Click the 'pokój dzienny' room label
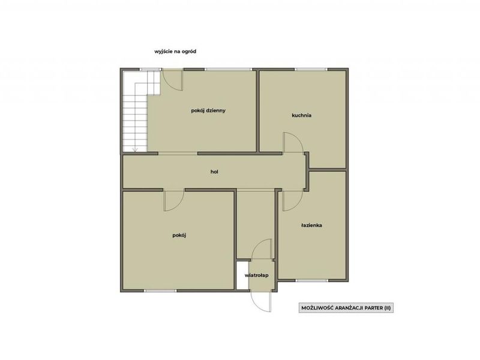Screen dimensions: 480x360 pyautogui.click(x=208, y=110)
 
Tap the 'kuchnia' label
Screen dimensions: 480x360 pyautogui.click(x=302, y=115)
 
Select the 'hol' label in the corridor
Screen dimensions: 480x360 pyautogui.click(x=214, y=172)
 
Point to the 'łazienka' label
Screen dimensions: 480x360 pyautogui.click(x=311, y=226)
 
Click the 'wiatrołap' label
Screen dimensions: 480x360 pyautogui.click(x=257, y=275)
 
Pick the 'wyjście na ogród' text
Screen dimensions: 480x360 pyautogui.click(x=175, y=52)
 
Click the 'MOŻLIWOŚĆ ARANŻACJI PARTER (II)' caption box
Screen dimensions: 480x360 pyautogui.click(x=346, y=308)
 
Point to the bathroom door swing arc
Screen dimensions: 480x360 pyautogui.click(x=296, y=205)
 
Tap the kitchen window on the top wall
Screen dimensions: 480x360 pyautogui.click(x=311, y=70)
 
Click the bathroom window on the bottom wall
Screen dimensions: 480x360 pyautogui.click(x=311, y=280)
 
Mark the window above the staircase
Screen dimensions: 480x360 pyautogui.click(x=151, y=70)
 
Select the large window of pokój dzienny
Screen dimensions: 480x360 pyautogui.click(x=229, y=70)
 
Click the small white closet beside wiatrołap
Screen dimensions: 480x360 pyautogui.click(x=242, y=275)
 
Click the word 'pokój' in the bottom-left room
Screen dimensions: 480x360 pyautogui.click(x=179, y=235)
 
